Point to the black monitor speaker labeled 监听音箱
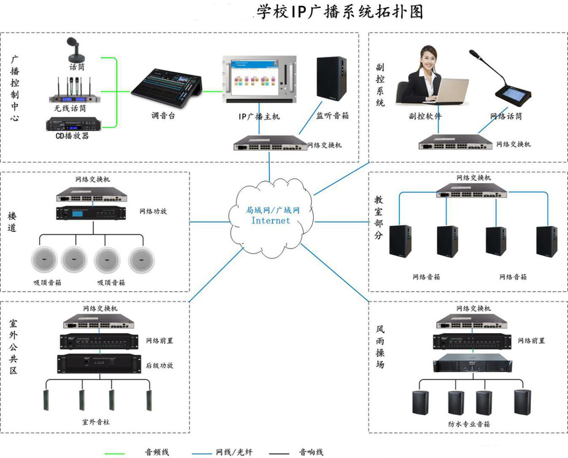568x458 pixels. tap(332, 78)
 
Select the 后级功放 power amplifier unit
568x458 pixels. tap(98, 363)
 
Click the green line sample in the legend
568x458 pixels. tap(121, 453)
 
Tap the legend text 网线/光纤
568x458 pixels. tap(234, 453)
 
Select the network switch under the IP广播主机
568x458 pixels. tap(271, 143)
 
